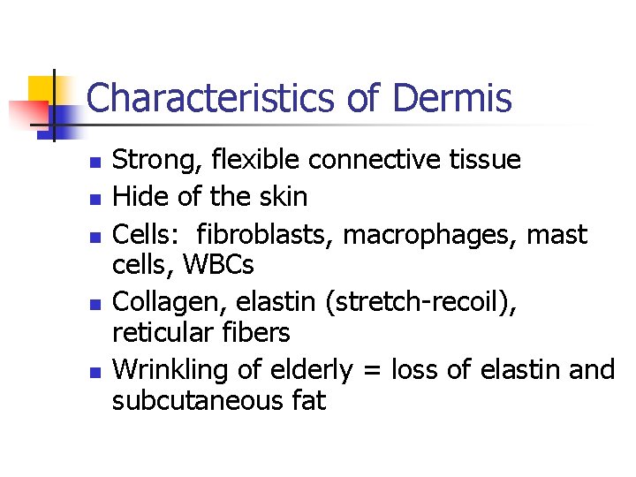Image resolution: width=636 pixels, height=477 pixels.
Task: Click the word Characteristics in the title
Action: point(212,98)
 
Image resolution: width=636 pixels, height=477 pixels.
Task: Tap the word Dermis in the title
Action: point(451,98)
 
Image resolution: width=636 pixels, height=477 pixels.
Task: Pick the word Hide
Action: point(137,197)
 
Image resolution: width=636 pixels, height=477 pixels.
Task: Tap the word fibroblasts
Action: point(265,234)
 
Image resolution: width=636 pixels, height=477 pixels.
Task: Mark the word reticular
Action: point(163,333)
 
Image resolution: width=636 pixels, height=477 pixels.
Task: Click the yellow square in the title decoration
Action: point(42,90)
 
